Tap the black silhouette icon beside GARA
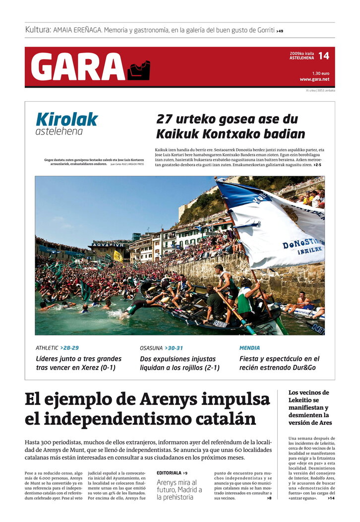[138, 70]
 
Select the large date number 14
[323, 56]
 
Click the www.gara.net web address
[314, 79]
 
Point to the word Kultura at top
[38, 30]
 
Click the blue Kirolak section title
[66, 119]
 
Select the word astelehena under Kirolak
[59, 132]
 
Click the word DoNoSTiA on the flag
[297, 244]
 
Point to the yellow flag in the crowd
[118, 256]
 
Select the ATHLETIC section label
[47, 348]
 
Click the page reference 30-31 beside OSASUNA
[174, 348]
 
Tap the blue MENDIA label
[249, 348]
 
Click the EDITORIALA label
[169, 473]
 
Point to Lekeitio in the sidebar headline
[302, 400]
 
